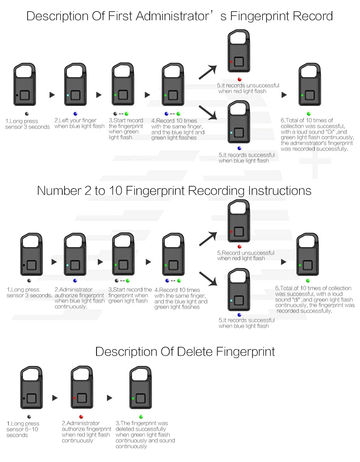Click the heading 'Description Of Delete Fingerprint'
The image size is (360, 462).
click(185, 351)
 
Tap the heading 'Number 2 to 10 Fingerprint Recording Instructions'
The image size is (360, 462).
click(174, 190)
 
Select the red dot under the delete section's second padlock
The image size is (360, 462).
click(81, 417)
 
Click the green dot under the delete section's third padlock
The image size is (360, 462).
click(141, 417)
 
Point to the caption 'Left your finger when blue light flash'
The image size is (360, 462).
click(79, 123)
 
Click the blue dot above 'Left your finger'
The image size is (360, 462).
click(75, 114)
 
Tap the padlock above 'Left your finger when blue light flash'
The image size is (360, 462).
click(76, 85)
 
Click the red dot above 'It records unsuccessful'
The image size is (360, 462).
click(239, 80)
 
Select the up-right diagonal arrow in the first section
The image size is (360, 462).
click(208, 72)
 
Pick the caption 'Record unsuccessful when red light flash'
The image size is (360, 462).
click(246, 256)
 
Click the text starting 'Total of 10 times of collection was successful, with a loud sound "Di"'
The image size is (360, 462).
click(317, 135)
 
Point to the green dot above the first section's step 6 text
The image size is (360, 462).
click(309, 114)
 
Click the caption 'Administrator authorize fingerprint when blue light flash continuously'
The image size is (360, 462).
click(80, 298)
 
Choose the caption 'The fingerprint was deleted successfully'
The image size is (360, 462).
click(145, 435)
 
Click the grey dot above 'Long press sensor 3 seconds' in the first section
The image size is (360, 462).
click(27, 114)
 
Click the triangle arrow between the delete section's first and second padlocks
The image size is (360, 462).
click(55, 398)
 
